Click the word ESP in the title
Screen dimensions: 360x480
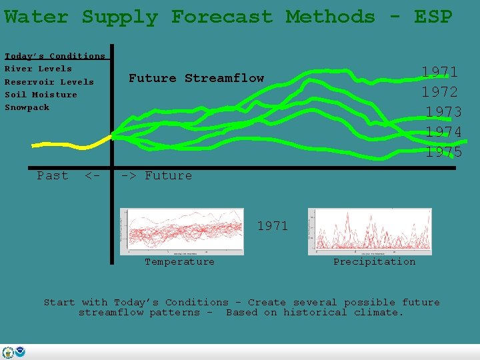(x=433, y=17)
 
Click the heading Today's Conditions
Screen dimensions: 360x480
(x=55, y=56)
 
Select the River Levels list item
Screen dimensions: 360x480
(x=38, y=69)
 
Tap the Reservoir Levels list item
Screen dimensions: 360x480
(x=49, y=82)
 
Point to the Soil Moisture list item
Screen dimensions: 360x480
(x=41, y=95)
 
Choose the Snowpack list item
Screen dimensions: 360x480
(x=27, y=107)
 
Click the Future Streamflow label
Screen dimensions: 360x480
(x=196, y=78)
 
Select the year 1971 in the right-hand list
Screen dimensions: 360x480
(x=439, y=72)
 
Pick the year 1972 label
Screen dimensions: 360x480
(x=439, y=92)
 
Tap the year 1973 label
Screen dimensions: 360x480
(x=443, y=112)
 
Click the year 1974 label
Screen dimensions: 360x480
(x=443, y=132)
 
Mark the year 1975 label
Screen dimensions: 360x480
(x=443, y=152)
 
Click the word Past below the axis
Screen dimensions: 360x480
(x=53, y=175)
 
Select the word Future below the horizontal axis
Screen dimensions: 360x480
(x=168, y=175)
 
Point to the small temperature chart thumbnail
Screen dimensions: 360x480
(x=181, y=231)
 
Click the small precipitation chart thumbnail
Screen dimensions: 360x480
(x=369, y=231)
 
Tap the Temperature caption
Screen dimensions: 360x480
(x=180, y=262)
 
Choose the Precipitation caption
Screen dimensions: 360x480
(x=374, y=262)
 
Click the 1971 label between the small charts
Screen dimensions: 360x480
(x=273, y=226)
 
